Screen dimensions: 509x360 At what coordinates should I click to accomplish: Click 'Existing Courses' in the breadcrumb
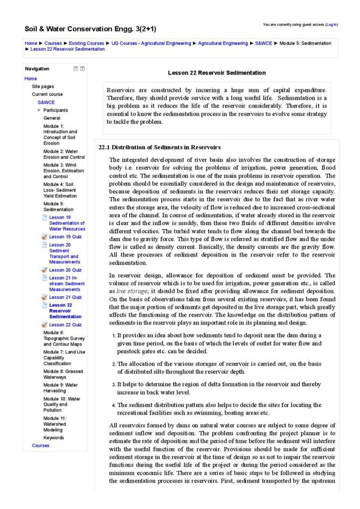[87, 43]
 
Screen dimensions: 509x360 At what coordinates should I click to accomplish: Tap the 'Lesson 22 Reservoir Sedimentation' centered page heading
[217, 73]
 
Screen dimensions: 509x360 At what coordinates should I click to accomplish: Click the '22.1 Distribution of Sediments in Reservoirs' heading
[160, 148]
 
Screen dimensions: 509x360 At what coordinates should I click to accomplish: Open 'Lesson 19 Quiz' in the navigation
[65, 237]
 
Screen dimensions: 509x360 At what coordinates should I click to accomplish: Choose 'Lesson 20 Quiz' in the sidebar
[65, 270]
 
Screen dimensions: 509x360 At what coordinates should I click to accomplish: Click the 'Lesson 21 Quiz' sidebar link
[65, 297]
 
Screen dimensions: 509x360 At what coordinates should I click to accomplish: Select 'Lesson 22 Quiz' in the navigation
[65, 325]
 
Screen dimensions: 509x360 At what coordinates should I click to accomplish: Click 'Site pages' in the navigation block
[43, 86]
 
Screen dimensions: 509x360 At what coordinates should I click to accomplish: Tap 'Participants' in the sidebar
[56, 110]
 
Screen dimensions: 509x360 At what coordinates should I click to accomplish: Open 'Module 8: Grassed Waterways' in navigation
[63, 374]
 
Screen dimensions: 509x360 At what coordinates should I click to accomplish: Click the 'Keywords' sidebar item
[54, 438]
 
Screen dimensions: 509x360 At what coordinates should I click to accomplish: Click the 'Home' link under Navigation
[31, 79]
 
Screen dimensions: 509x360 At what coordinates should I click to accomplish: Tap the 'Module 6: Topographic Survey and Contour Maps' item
[63, 339]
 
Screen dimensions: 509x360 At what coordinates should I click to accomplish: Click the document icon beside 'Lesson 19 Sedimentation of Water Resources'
[45, 217]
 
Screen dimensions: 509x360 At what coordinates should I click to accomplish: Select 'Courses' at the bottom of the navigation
[41, 445]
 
